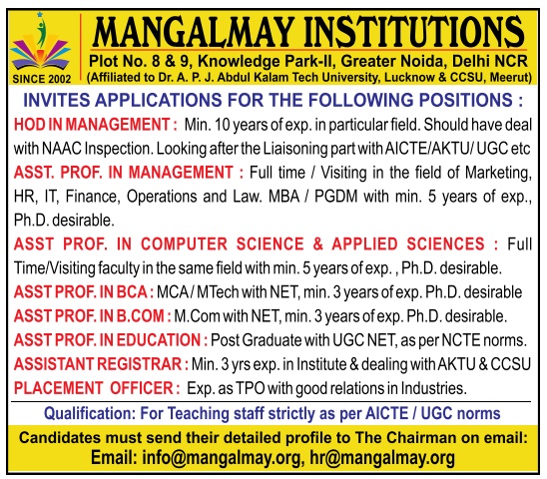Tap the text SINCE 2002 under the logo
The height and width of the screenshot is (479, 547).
coord(42,79)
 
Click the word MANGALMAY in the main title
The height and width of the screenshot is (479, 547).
coord(193,32)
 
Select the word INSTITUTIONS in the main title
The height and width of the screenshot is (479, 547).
coord(415,32)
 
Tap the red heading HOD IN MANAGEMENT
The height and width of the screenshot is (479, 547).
coord(95,125)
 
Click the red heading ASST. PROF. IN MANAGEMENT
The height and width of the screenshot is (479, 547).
coord(129,173)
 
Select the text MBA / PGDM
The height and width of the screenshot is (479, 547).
coord(312,197)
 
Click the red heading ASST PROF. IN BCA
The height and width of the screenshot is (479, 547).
coord(84,292)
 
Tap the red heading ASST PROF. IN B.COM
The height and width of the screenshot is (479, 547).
coord(93,316)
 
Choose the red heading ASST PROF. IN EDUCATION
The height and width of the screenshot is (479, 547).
coord(111,340)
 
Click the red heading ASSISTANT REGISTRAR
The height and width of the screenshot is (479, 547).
coord(101,364)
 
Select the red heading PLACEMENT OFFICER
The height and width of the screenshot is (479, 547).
coord(97,388)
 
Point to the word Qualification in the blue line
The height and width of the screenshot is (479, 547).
coord(89,414)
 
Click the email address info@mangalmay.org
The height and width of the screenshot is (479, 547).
coord(222,458)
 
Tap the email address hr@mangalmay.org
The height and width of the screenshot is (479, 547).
coord(382,458)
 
